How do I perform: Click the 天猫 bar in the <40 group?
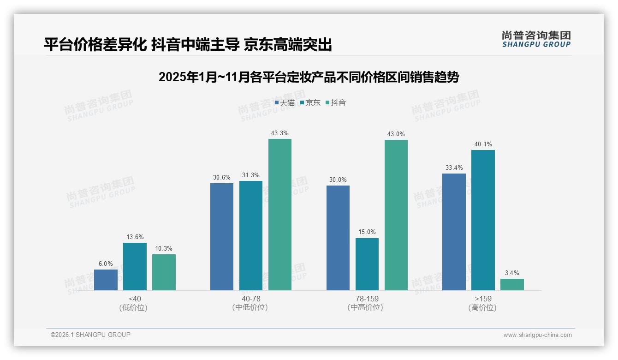(x=106, y=280)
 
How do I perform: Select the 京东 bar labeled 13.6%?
(x=135, y=266)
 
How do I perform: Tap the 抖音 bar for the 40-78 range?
(x=280, y=215)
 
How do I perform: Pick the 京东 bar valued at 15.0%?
(x=367, y=264)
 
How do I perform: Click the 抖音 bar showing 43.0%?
(x=396, y=215)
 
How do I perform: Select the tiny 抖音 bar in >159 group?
(x=512, y=284)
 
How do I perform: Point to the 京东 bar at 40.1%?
(x=483, y=220)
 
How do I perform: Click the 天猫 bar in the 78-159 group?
(x=338, y=238)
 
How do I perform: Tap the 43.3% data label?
(x=280, y=133)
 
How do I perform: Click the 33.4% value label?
(x=454, y=168)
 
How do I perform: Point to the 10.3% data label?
(x=164, y=249)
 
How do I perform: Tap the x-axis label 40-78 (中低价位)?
(x=250, y=303)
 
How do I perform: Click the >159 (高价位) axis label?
(x=483, y=303)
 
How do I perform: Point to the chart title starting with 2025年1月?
(x=309, y=77)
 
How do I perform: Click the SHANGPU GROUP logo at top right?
(x=536, y=39)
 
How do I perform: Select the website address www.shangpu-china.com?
(x=537, y=335)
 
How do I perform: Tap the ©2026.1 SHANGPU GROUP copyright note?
(x=90, y=335)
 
